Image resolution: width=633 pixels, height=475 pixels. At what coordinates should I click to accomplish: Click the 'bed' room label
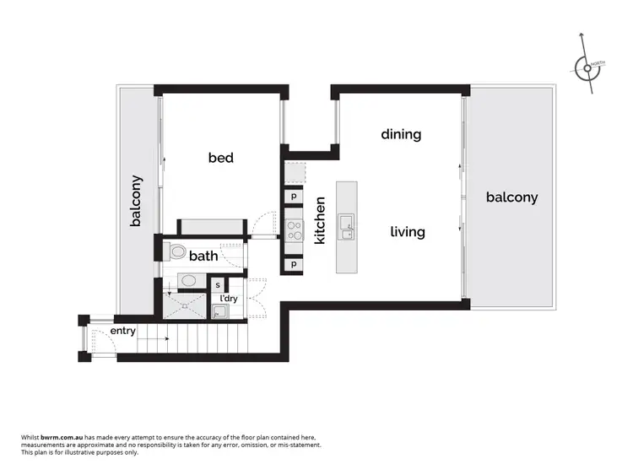coord(221,158)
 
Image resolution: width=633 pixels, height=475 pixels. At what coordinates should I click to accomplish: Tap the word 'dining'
coord(401,134)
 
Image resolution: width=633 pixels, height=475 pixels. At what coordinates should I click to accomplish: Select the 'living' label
coord(407,231)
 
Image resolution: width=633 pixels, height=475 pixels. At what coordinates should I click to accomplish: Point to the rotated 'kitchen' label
coord(320,220)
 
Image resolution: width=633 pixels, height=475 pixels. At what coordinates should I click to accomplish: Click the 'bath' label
coord(203,256)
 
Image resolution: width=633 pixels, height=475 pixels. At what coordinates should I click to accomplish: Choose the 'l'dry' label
coord(228,300)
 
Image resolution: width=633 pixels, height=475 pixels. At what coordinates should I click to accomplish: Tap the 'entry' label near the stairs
coord(123,331)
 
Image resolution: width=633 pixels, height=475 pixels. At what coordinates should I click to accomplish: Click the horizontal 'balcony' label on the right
coord(511,197)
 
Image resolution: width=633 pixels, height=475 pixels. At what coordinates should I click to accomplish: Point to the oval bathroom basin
coord(189,281)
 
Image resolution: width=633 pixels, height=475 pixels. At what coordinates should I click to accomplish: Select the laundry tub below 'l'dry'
coord(219,314)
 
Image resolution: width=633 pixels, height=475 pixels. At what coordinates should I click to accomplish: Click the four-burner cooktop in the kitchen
coord(294,229)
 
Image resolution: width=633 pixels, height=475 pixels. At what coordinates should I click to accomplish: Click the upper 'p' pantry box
coord(294,197)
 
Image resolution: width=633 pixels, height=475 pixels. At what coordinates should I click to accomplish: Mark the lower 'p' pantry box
coord(294,264)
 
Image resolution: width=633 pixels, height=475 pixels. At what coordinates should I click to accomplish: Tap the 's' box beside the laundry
coord(218,286)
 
